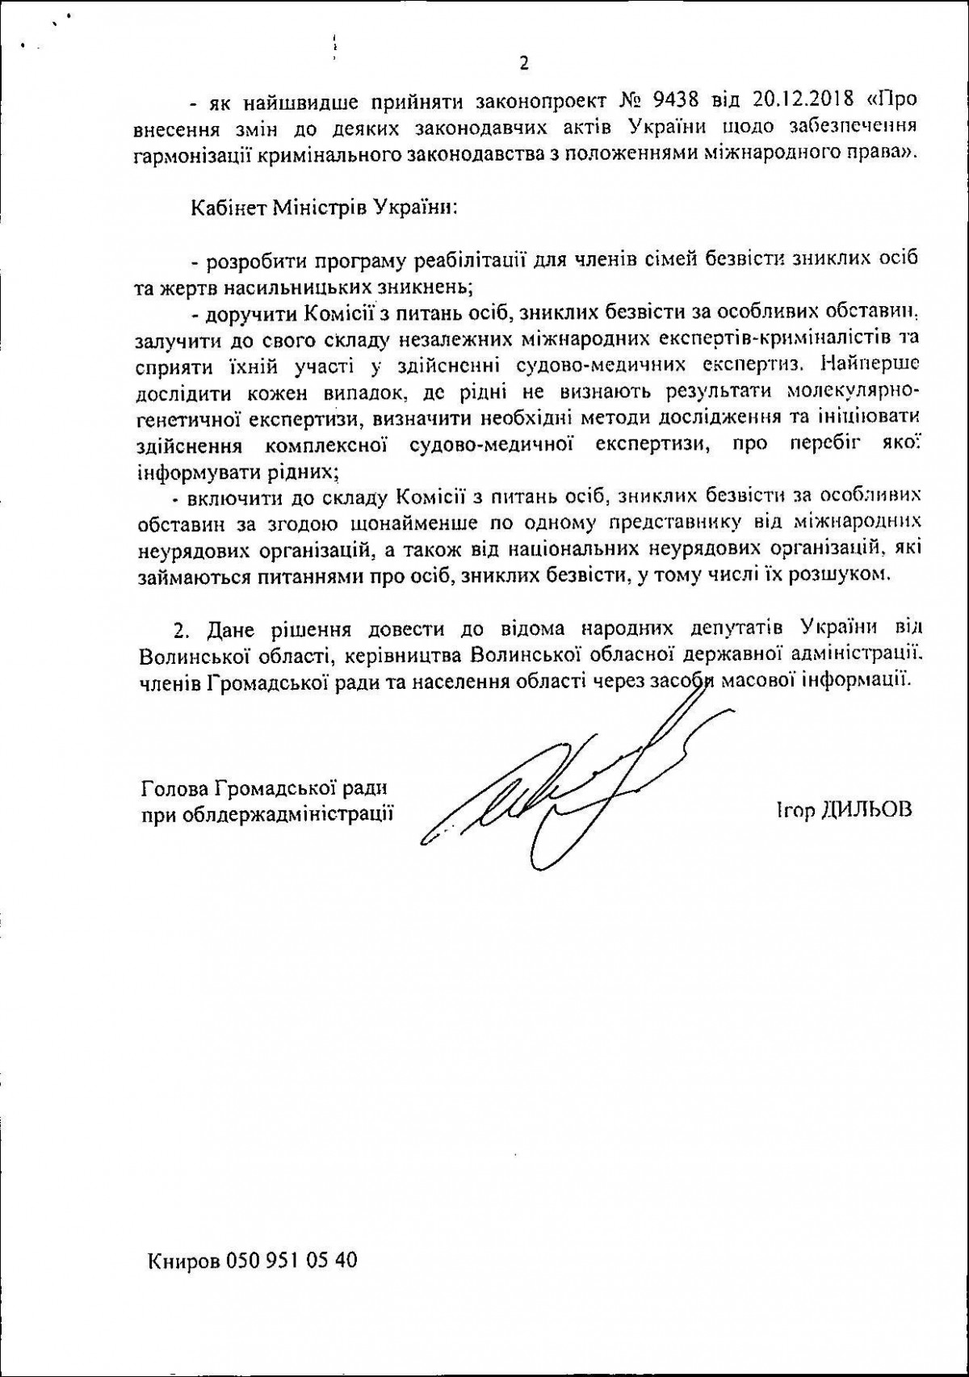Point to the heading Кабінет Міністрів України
point(323,208)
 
